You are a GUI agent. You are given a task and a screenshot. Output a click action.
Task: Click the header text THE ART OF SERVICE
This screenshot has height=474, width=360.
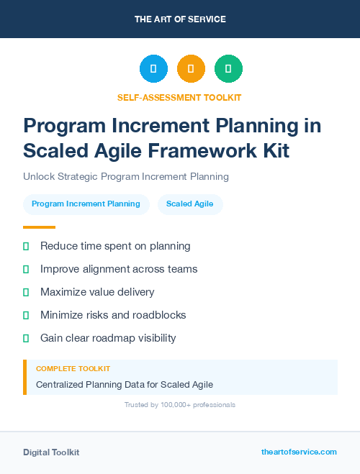[x=180, y=19]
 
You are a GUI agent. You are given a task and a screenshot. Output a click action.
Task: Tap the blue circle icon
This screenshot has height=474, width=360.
[x=153, y=69]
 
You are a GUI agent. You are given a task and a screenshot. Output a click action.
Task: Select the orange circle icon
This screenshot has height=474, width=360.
[x=191, y=69]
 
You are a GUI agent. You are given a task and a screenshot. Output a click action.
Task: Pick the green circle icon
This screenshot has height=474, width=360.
[x=228, y=69]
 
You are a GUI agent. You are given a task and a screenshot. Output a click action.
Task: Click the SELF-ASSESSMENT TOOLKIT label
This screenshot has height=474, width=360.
[x=179, y=97]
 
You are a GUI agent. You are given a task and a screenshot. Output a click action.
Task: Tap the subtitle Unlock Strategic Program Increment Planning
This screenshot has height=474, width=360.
[x=126, y=176]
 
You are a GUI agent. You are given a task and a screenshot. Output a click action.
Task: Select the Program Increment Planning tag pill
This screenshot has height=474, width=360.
[x=86, y=204]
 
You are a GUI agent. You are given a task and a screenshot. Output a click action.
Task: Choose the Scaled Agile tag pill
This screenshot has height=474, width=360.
[x=190, y=204]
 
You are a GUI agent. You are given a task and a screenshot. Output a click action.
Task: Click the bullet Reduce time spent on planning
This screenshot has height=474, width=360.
[x=115, y=246]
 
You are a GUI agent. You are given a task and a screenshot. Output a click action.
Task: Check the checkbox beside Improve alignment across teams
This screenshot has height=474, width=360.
[x=26, y=269]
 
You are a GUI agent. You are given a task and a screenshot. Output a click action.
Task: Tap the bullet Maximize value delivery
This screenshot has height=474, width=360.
[x=97, y=292]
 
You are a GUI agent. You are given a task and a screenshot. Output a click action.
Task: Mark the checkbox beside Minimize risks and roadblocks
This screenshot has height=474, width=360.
[x=26, y=315]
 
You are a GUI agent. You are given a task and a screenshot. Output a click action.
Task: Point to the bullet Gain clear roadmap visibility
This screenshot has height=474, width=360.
[x=108, y=338]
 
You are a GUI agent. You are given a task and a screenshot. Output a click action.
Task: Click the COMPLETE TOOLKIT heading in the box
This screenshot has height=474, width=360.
[x=68, y=369]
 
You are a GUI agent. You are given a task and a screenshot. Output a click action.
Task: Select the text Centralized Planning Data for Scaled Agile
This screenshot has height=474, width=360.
[x=125, y=385]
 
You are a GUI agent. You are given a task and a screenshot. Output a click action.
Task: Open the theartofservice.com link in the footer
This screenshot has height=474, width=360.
[x=299, y=452]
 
